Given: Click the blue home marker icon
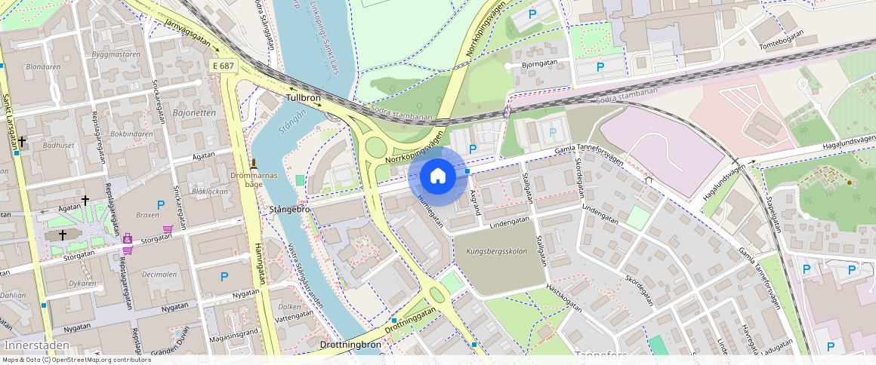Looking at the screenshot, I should [x=437, y=176].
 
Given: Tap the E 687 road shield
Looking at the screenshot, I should [x=224, y=66].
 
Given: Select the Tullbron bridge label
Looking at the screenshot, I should [x=304, y=99].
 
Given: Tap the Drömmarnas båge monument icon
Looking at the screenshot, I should [x=254, y=164].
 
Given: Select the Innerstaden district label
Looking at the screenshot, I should [x=37, y=345].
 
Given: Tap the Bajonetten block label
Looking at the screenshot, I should [x=194, y=113].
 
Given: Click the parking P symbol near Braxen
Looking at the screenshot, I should [x=160, y=204].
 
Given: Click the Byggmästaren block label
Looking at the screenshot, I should [x=116, y=55].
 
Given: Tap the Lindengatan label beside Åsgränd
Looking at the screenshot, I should [x=509, y=222].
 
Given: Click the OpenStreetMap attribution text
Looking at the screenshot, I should [x=76, y=360].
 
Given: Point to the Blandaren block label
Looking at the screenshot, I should [x=43, y=66].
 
